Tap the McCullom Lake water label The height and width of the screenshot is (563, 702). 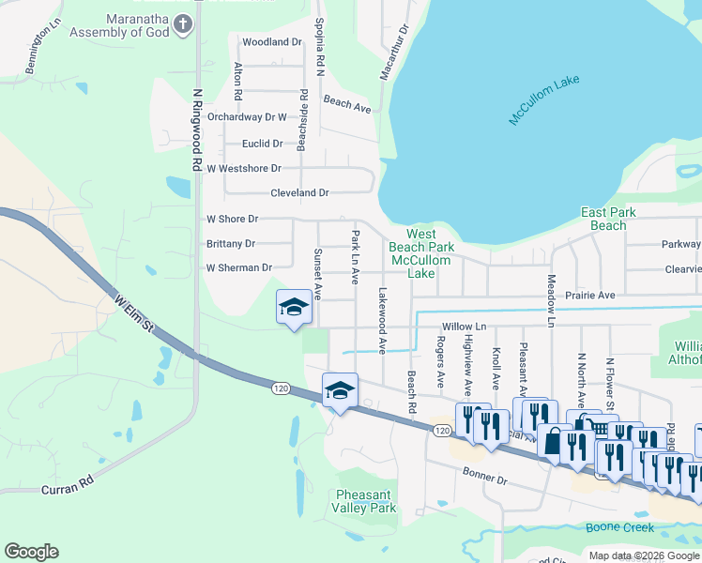545,102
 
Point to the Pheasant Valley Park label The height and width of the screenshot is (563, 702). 366,500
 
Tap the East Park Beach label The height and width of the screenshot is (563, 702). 608,219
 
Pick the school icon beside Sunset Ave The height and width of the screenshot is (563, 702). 294,307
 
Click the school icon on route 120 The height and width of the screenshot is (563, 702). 339,390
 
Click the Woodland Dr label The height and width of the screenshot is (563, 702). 272,42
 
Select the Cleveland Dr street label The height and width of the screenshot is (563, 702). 299,192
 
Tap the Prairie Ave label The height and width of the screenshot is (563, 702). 590,296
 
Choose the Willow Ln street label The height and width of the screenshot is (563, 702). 465,327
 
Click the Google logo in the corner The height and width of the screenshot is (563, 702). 31,552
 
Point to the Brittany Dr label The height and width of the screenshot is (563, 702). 230,243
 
